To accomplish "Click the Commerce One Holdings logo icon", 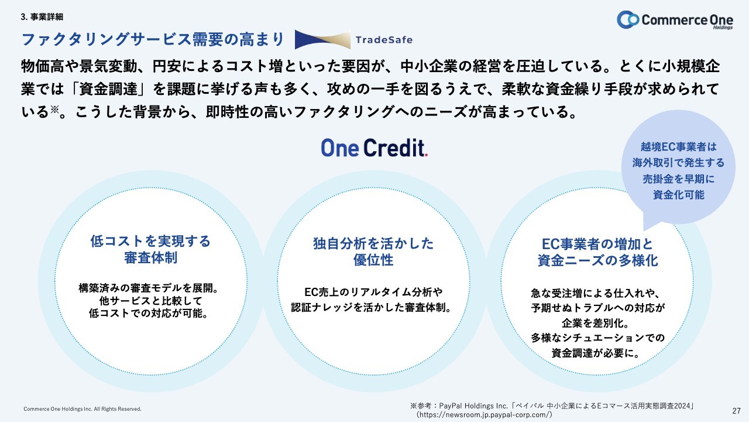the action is [628, 19].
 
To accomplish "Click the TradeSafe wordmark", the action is [384, 40].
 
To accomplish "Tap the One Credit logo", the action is [374, 148].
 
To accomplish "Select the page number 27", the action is [736, 411].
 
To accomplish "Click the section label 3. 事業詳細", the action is [42, 17].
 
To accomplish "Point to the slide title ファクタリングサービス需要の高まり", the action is [153, 39].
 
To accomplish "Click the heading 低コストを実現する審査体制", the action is [150, 250].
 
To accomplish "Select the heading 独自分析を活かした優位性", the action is [373, 252].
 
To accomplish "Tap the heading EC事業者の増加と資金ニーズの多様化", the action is [597, 253].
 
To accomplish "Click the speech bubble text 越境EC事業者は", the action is [678, 147].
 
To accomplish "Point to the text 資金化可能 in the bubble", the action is [678, 195].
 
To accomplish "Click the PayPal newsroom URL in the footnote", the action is [484, 414].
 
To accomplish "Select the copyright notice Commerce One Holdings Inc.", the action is [83, 409].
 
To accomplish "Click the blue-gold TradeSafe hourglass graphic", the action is [322, 39].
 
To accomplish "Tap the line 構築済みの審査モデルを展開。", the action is [149, 288].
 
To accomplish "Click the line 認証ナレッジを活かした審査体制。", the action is [372, 308].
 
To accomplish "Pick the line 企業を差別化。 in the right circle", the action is [596, 323].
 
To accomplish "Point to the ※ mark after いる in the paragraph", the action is [54, 109].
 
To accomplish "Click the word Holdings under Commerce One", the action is [723, 28].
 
